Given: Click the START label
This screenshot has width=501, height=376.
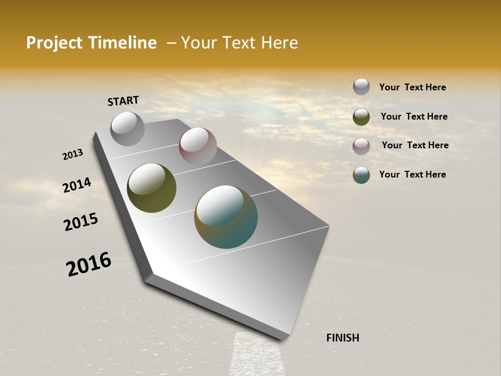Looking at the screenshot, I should click(123, 100).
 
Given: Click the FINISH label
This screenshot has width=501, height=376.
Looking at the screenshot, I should click(342, 338).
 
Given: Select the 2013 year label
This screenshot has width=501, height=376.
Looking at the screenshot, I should click(73, 155).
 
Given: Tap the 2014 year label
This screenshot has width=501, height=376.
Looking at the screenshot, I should click(77, 185).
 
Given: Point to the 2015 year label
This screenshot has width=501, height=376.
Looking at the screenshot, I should click(81, 222).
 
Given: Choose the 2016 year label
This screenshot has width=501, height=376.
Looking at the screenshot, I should click(89, 264).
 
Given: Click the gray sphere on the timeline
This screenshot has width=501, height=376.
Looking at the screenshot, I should click(127, 128).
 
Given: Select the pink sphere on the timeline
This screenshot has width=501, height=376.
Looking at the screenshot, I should click(198, 146).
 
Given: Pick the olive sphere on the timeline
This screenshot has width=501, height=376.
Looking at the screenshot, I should click(151, 188).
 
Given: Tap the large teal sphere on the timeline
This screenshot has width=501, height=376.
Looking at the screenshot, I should click(226, 217).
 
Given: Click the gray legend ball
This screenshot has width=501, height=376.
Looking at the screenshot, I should click(361, 87).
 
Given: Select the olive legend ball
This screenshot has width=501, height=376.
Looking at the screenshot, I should click(361, 117).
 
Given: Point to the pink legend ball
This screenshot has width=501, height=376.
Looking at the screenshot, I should click(361, 146).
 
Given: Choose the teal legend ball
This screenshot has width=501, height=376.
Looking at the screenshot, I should click(361, 175).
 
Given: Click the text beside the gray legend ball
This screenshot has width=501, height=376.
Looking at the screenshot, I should click(412, 87).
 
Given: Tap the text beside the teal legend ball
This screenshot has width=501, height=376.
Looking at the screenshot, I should click(412, 174).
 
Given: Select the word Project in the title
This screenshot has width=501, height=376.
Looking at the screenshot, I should click(54, 43).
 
